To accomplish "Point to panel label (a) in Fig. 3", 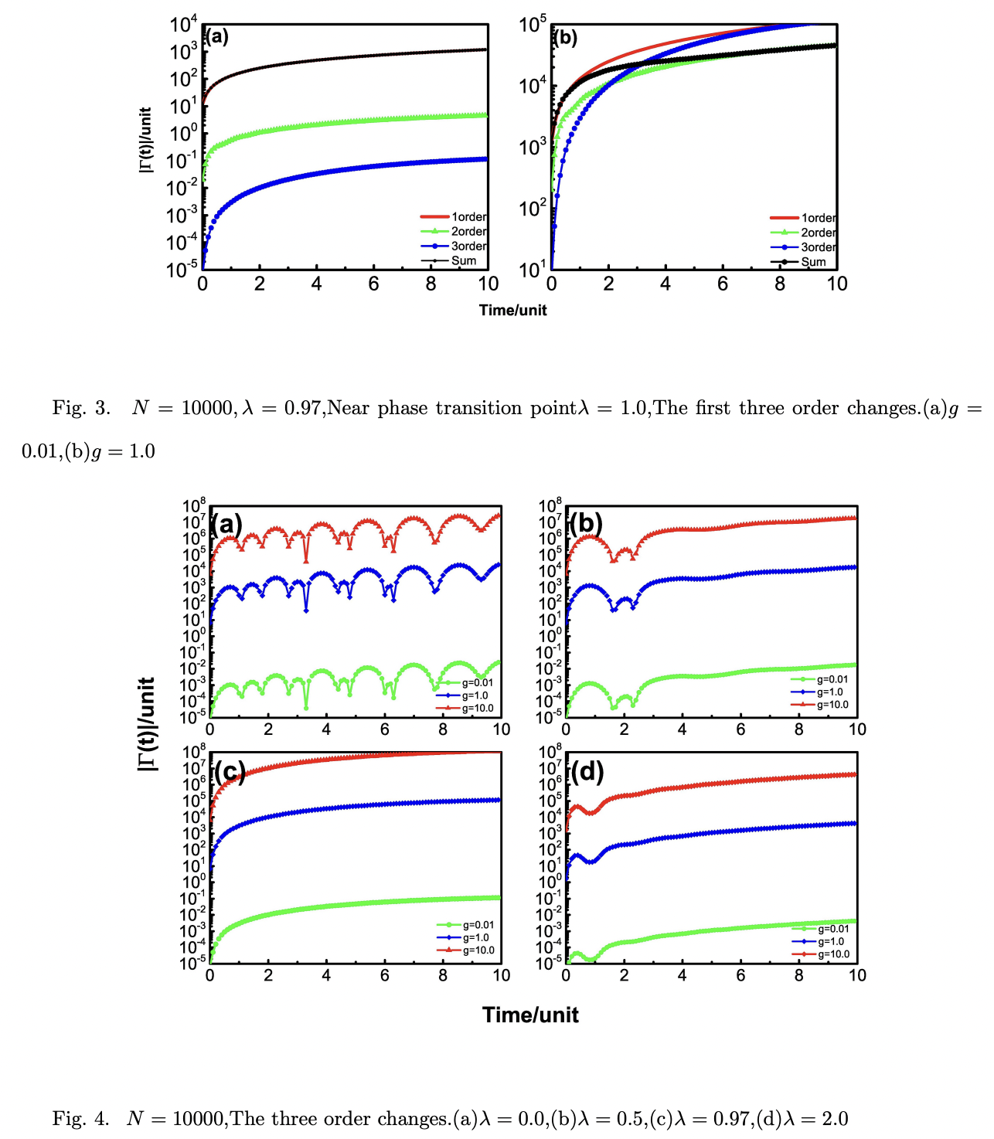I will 216,36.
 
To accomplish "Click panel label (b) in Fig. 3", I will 565,38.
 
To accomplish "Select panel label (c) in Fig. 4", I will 230,771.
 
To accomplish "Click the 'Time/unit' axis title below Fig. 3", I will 512,311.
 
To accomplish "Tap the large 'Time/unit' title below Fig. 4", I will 530,1015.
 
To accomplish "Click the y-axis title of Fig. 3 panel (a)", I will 145,140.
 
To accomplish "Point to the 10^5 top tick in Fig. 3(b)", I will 533,25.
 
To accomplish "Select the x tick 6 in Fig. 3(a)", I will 373,284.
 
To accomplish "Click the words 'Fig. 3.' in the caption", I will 81,408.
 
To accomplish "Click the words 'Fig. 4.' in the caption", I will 80,1119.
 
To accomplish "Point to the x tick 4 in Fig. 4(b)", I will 682,729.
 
